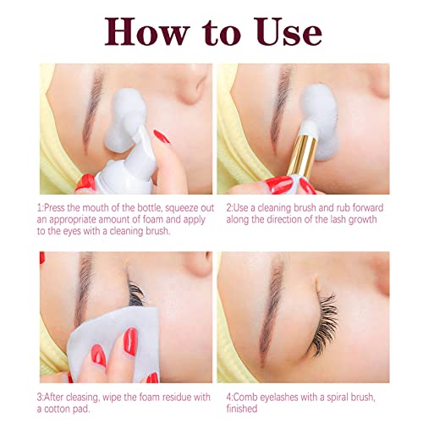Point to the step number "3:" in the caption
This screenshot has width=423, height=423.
point(41,393)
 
